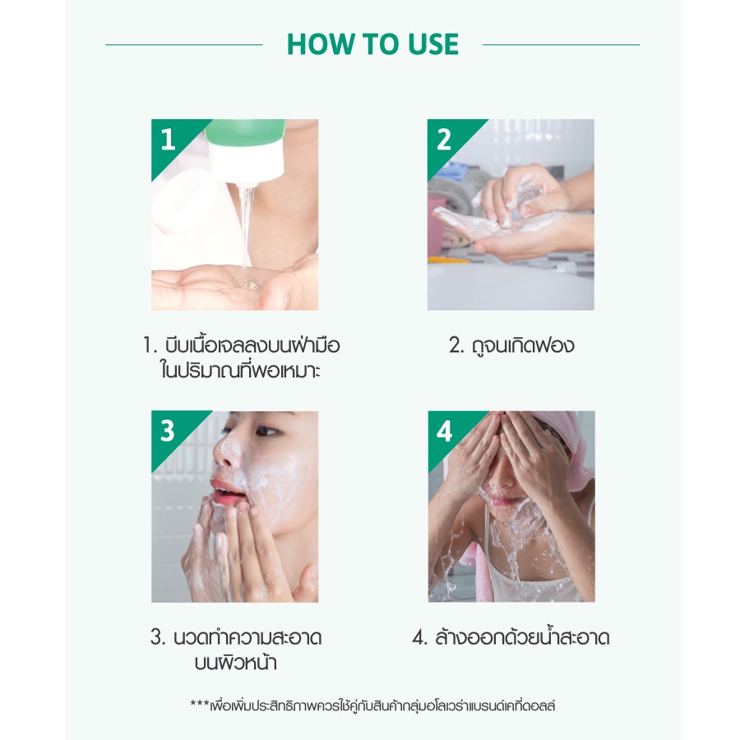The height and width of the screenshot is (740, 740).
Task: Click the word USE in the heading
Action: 433,44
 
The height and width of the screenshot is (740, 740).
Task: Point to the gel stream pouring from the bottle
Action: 247,236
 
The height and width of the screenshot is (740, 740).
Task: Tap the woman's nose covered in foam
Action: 228,450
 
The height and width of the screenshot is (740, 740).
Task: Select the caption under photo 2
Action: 511,345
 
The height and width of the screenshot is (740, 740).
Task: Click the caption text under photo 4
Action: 511,637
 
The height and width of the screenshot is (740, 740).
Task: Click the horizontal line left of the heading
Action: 184,45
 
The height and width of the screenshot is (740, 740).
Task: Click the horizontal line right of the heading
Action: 561,45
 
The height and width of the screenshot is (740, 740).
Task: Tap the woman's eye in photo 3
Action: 266,431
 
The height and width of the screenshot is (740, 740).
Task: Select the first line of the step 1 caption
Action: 241,345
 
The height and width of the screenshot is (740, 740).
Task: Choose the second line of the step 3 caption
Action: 235,662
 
